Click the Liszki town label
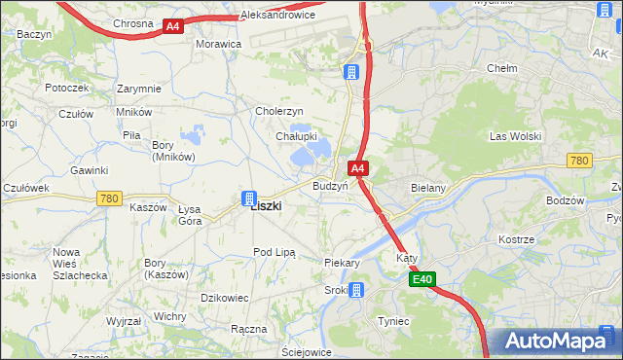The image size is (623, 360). tap(266, 206)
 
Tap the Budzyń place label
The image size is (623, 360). tap(330, 186)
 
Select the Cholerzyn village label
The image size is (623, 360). tap(280, 112)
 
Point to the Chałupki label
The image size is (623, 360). tap(296, 137)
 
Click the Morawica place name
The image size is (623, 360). tap(218, 45)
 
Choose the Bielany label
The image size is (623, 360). tap(428, 185)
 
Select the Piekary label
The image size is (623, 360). tap(343, 263)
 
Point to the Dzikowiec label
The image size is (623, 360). tap(225, 298)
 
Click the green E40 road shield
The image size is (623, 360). tap(421, 280)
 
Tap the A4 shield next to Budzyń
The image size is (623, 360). tap(358, 169)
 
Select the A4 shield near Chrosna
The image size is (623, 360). tap(172, 26)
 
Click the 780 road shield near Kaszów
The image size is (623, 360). tap(110, 198)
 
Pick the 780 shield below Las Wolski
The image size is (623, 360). tap(579, 161)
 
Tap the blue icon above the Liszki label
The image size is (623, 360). tap(249, 198)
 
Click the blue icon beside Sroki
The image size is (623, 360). tap(357, 289)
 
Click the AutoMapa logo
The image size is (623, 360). tap(556, 341)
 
